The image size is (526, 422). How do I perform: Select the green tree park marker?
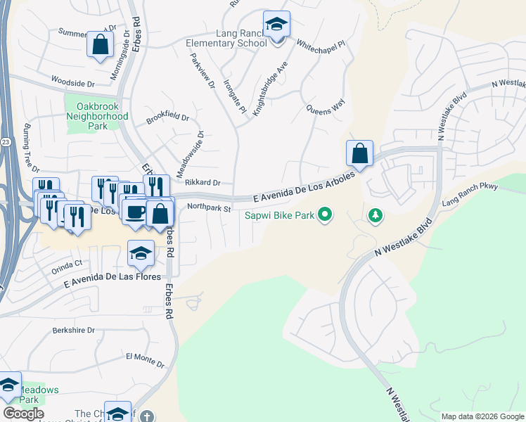(376, 215)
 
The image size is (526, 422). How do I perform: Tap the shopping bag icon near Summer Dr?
(101, 44)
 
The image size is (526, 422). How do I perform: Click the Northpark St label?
(209, 208)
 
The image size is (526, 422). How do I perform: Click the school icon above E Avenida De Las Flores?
(141, 255)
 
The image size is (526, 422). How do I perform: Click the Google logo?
(23, 414)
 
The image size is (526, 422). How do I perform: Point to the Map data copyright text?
(482, 416)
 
